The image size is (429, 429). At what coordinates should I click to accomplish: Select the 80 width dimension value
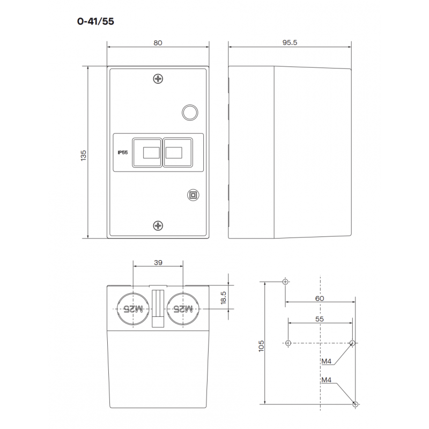[x=158, y=43]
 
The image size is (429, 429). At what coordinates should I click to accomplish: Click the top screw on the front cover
[x=158, y=79]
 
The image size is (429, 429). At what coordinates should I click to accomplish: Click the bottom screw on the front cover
[x=158, y=225]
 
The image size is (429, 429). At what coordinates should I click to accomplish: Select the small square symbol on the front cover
[x=192, y=195]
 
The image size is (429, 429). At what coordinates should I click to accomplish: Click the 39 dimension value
[x=158, y=263]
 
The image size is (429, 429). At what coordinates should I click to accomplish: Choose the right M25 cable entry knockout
[x=183, y=308]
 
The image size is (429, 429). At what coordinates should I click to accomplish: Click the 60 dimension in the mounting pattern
[x=320, y=298]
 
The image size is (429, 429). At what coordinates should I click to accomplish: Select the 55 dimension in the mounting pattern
[x=320, y=318]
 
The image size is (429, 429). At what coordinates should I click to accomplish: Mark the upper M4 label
[x=327, y=361]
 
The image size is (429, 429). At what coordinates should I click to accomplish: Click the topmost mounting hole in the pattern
[x=285, y=282]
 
